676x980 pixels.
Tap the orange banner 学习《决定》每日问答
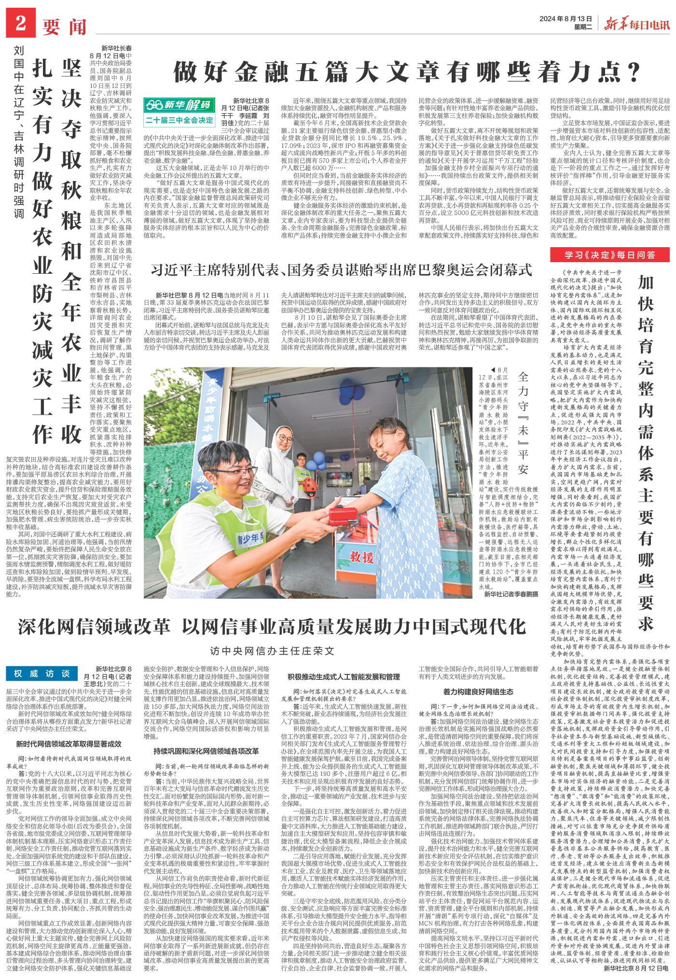[x=610, y=254]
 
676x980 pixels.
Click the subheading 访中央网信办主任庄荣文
[x=272, y=650]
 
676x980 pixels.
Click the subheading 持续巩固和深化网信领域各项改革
[x=206, y=751]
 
